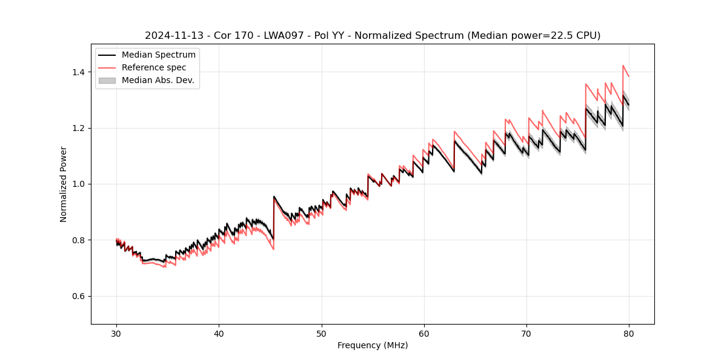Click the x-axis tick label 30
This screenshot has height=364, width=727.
[116, 333]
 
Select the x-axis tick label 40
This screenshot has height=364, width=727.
[219, 333]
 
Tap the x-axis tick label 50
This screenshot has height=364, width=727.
[322, 333]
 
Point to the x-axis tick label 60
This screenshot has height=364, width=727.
[424, 333]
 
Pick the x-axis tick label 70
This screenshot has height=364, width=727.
[526, 333]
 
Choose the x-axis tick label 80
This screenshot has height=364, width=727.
[629, 333]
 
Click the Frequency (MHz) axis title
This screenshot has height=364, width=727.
[373, 345]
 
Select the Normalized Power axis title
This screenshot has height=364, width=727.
[64, 184]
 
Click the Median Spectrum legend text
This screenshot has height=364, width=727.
[159, 55]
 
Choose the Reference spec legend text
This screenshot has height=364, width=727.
[154, 67]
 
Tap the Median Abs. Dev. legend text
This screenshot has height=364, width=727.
[158, 80]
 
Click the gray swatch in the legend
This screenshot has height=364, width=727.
[107, 80]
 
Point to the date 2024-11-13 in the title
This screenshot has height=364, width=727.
[171, 36]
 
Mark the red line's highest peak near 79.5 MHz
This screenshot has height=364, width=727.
[623, 66]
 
